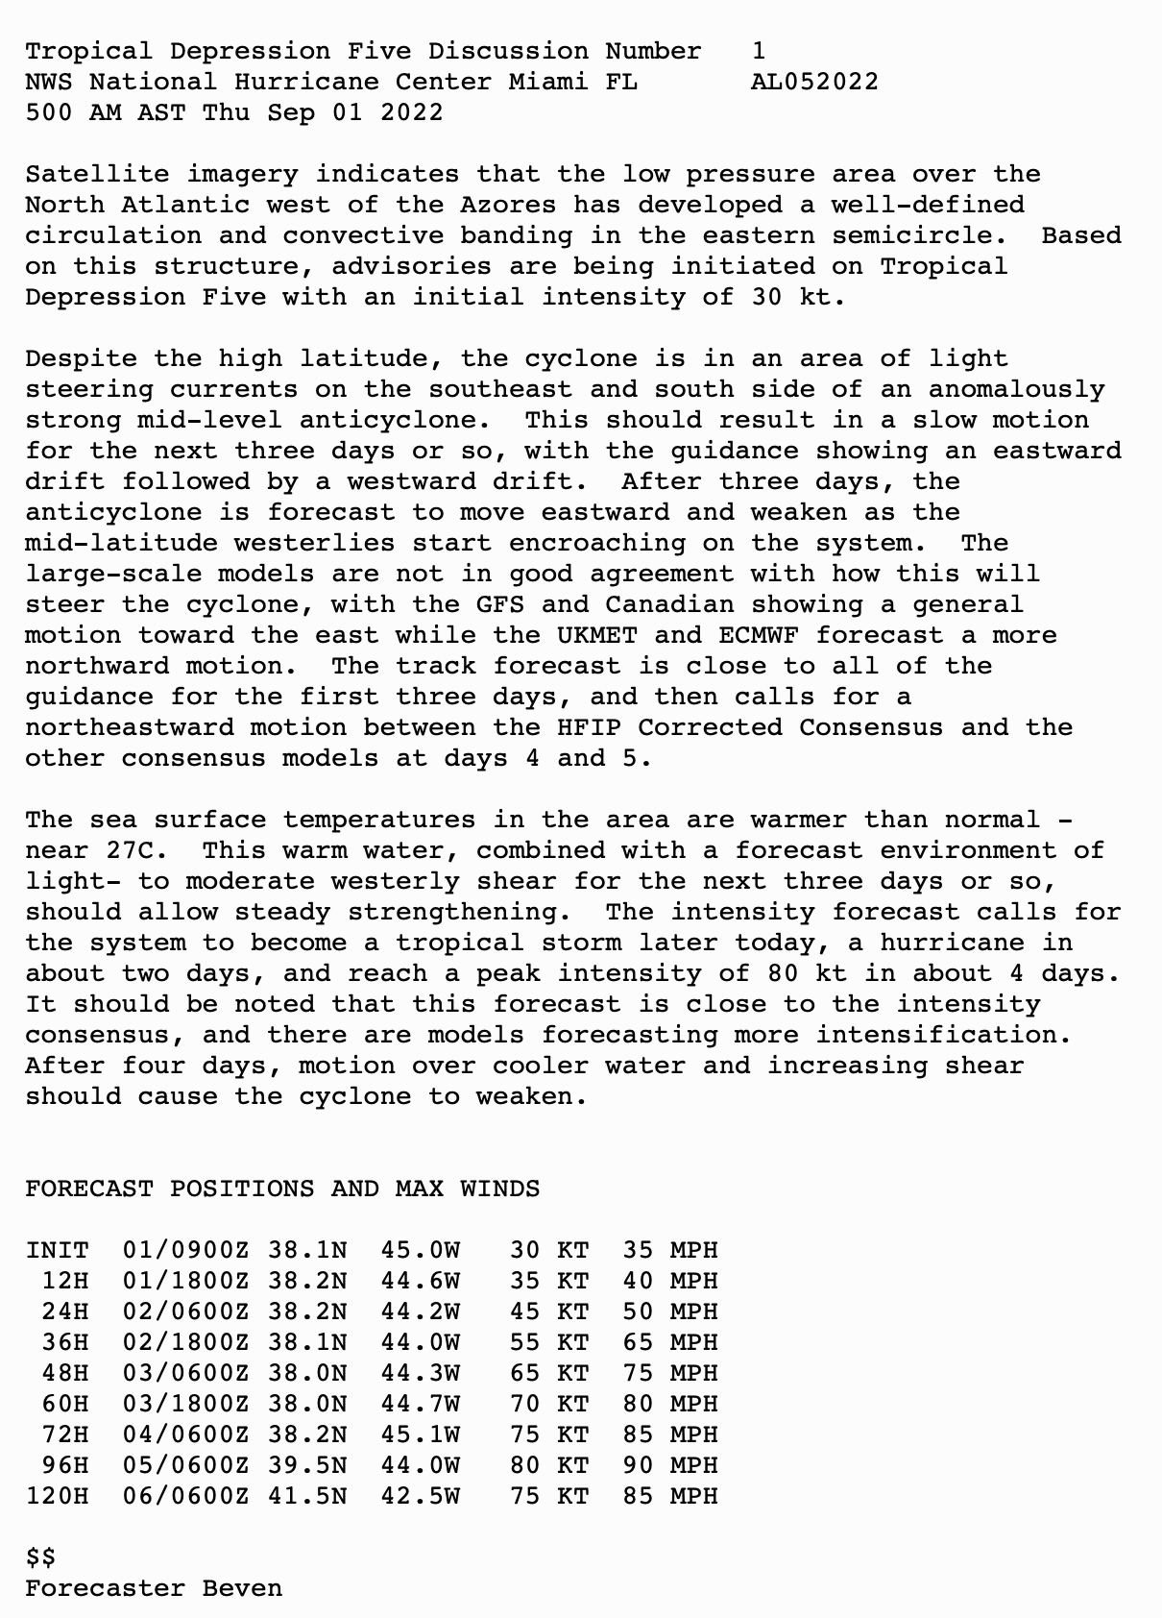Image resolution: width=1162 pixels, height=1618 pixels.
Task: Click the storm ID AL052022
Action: point(814,82)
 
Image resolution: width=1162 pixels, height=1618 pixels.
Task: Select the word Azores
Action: point(508,205)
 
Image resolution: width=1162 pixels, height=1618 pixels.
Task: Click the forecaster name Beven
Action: point(242,1588)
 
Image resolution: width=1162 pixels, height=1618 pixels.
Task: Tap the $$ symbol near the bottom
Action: point(40,1557)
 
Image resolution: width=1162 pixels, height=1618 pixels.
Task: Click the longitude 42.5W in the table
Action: point(420,1496)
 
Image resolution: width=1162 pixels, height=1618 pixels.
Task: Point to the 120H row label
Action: point(58,1496)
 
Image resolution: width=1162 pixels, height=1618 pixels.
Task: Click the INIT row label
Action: point(58,1250)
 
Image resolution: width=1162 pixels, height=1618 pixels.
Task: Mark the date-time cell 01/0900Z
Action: point(185,1250)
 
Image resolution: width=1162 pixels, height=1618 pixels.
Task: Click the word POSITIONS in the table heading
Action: point(242,1189)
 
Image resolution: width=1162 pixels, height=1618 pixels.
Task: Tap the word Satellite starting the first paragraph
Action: point(97,174)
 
